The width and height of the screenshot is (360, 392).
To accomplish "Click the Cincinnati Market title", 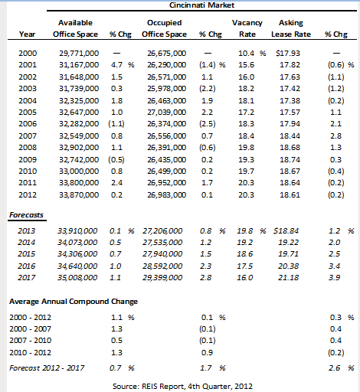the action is (x=201, y=5).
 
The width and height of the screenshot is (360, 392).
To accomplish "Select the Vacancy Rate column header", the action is (x=247, y=28).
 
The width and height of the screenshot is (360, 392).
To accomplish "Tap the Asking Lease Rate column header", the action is (x=291, y=28).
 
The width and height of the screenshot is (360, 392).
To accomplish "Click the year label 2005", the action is (x=28, y=113).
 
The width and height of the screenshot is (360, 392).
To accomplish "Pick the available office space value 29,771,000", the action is (x=79, y=54).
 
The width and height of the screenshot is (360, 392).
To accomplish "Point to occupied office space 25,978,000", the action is (x=166, y=89).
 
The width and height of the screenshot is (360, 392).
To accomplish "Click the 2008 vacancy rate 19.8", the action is (x=246, y=148).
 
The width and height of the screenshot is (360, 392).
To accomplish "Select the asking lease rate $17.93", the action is (x=288, y=54).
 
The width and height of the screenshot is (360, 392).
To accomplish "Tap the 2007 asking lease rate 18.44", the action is (x=290, y=136).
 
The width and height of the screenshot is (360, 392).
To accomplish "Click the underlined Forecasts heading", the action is (x=26, y=215).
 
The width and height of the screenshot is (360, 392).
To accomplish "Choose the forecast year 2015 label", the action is (x=27, y=254).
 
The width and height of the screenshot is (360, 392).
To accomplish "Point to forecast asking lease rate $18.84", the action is (x=286, y=231).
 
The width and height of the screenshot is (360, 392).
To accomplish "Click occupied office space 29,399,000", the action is (x=162, y=277).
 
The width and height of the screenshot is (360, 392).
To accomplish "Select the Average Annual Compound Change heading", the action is (x=74, y=302).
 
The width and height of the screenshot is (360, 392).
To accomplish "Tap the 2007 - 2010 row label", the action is (x=31, y=341).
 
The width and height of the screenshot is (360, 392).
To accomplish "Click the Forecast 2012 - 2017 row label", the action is (x=47, y=368).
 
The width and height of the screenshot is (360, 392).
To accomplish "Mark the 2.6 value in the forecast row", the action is (x=334, y=368).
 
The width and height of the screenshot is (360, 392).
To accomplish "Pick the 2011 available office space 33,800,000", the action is (x=79, y=183).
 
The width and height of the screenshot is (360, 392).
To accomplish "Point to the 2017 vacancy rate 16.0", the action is (x=244, y=277).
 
